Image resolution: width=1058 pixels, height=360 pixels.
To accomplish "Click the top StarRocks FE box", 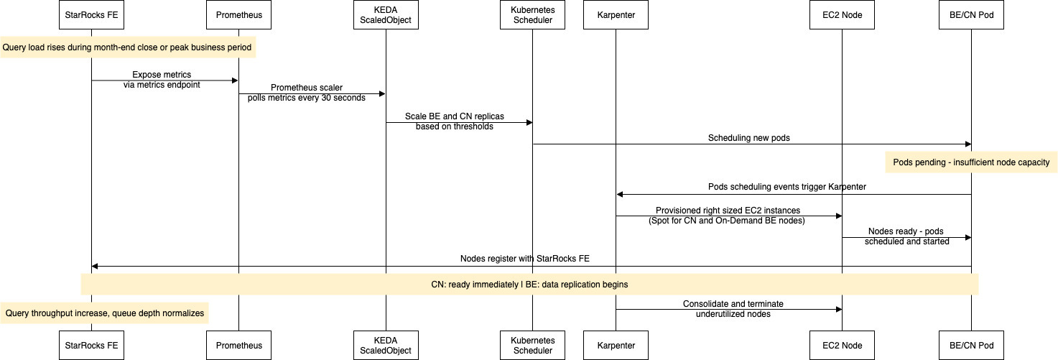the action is click(x=91, y=14).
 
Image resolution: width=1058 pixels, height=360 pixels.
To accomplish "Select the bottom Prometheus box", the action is click(x=238, y=346).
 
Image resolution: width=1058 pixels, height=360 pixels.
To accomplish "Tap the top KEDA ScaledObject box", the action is click(x=386, y=14).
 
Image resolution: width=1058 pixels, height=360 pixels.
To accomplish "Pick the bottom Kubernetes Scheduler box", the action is click(x=532, y=346).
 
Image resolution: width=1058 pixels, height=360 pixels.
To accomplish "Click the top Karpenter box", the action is click(x=616, y=14).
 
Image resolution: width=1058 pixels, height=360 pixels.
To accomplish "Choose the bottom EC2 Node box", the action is click(x=842, y=346).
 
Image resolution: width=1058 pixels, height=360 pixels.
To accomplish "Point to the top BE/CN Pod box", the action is click(x=971, y=14).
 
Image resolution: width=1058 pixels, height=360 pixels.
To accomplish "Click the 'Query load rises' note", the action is click(x=128, y=47).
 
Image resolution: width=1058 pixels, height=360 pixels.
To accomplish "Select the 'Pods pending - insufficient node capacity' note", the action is click(x=971, y=162).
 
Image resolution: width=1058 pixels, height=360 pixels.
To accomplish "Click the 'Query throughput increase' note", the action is click(x=104, y=313).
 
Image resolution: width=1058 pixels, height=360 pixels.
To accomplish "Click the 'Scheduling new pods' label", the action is click(x=748, y=138).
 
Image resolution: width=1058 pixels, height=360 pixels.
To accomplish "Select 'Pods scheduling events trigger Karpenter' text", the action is click(x=787, y=187).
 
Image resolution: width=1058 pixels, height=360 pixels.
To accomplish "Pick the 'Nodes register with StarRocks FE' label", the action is click(x=525, y=259).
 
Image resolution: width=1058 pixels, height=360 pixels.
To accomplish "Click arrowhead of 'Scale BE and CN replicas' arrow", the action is click(x=529, y=123).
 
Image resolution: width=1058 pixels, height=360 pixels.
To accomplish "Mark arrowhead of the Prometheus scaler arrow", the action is click(x=383, y=94).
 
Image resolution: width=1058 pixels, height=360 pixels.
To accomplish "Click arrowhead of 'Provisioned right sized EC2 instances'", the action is click(x=839, y=216).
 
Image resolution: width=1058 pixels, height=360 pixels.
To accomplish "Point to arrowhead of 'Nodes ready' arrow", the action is click(x=968, y=238).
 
